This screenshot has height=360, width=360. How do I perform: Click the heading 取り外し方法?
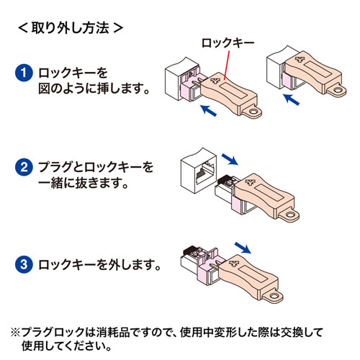(69, 30)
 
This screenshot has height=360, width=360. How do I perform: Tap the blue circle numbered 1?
(23, 74)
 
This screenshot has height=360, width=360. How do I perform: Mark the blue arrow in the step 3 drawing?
(246, 248)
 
